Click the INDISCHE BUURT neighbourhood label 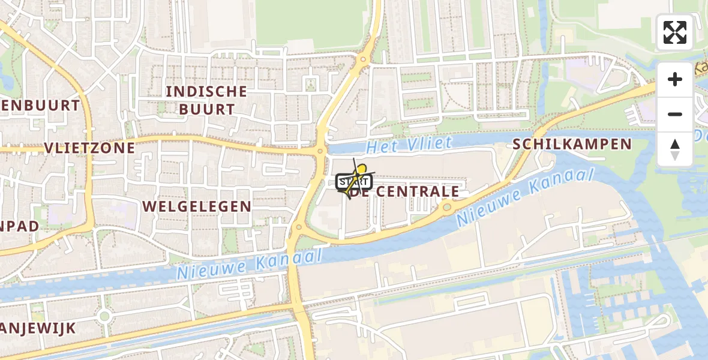click(206, 100)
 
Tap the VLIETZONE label click(89, 148)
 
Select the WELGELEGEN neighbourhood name click(197, 206)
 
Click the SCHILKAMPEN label click(572, 144)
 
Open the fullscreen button click(674, 32)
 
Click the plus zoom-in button click(675, 79)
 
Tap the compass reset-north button click(675, 149)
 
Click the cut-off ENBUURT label click(39, 106)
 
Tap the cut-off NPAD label click(19, 226)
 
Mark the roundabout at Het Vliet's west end click(320, 151)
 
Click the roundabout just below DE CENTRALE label click(447, 207)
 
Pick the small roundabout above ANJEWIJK click(104, 315)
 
